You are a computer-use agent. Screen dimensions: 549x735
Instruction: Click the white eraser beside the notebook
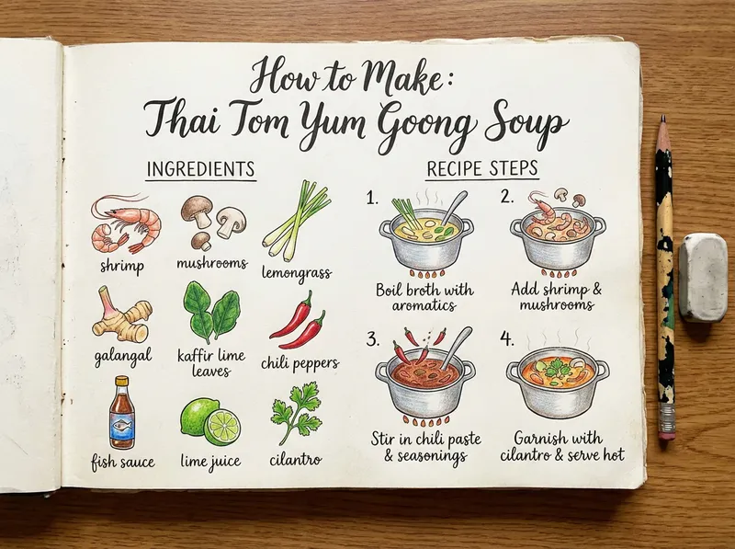703,277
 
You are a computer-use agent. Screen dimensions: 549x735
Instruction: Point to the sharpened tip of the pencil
662,120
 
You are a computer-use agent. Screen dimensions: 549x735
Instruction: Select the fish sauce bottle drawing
121,412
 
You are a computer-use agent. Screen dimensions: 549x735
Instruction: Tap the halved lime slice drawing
221,427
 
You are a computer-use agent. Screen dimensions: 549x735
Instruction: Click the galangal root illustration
120,315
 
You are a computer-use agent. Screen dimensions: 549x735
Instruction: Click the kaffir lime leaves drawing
211,312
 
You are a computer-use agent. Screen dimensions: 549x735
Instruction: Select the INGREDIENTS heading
201,170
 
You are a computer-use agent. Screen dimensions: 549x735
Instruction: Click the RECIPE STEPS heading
482,170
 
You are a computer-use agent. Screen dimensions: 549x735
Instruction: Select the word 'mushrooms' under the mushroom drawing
211,264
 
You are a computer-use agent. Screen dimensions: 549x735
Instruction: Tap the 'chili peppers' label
300,363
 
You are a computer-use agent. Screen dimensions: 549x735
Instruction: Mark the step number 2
506,197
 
